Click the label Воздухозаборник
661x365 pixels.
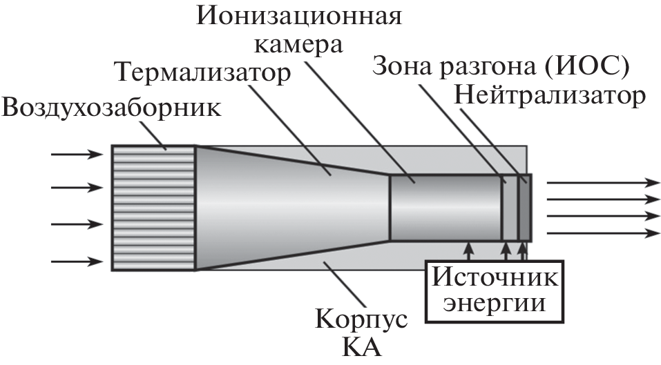111,108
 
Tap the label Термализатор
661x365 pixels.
204,72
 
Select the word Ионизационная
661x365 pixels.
299,17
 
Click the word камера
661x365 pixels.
298,45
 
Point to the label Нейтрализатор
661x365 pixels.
549,96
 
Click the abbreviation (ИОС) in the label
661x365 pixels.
586,68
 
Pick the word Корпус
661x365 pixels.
362,319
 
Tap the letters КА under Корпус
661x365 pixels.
362,348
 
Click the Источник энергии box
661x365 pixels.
495,292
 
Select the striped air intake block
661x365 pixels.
154,208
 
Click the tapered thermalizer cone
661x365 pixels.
293,207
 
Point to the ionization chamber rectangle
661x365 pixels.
446,207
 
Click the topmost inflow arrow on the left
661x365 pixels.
77,155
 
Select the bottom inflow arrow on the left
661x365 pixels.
77,262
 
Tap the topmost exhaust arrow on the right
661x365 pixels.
603,183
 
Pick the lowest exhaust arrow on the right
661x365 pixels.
603,233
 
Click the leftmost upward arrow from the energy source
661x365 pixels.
468,251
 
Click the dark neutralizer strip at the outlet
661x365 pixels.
524,207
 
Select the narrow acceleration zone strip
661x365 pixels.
510,207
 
